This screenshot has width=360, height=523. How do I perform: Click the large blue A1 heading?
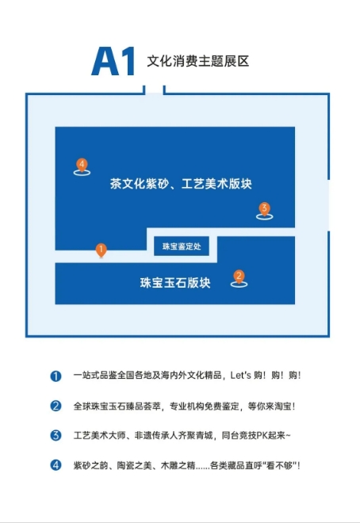[113, 61]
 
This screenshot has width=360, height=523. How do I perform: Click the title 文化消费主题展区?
[198, 61]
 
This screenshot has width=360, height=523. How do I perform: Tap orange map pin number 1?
[101, 250]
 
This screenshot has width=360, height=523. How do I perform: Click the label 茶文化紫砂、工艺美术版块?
[181, 184]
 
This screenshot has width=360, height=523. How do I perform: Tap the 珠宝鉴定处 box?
[182, 246]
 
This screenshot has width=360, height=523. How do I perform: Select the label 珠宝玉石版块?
[175, 283]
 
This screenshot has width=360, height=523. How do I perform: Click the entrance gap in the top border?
[154, 90]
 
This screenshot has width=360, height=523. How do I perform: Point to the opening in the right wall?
[328, 205]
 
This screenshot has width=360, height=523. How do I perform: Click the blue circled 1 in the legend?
[56, 376]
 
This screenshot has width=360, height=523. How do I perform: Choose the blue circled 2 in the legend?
[56, 406]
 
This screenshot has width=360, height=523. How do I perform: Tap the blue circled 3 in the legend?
[56, 435]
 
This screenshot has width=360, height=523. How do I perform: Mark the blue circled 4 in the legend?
[56, 465]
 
